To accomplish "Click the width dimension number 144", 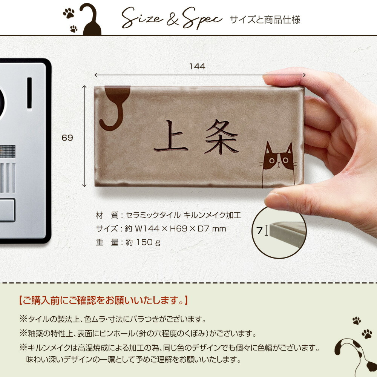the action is [x=197, y=66].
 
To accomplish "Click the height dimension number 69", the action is [x=67, y=138].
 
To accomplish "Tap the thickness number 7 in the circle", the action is [x=259, y=231].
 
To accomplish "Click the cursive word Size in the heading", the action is [x=142, y=18].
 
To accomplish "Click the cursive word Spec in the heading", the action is [x=202, y=18].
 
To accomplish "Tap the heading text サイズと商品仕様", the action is [x=265, y=20].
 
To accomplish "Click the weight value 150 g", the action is [x=148, y=242].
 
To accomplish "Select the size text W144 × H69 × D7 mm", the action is [x=180, y=229].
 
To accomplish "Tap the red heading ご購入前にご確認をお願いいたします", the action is [x=103, y=300].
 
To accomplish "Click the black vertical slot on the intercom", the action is [x=29, y=93].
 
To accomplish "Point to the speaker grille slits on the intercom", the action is [x=8, y=178].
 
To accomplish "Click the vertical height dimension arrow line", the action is [x=84, y=136].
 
